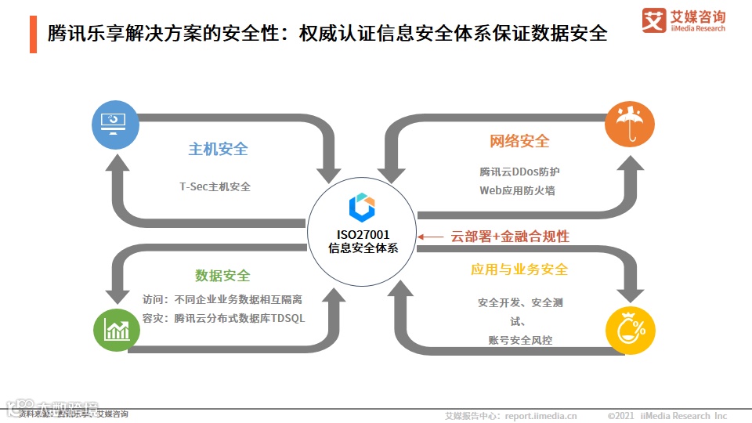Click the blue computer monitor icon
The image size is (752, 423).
click(x=116, y=125)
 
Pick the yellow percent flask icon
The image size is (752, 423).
click(x=630, y=328)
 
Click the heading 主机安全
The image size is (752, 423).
click(x=218, y=150)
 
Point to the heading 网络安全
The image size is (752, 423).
click(x=519, y=141)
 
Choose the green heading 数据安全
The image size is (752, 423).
click(x=222, y=276)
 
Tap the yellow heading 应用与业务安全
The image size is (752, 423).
click(x=519, y=269)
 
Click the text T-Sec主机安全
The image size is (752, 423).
click(x=215, y=186)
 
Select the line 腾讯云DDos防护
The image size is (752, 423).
click(x=519, y=172)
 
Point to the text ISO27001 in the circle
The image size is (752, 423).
click(x=363, y=234)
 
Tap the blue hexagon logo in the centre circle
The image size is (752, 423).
click(x=362, y=207)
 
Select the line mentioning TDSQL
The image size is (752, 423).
click(x=223, y=319)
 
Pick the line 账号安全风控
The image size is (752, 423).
click(x=519, y=340)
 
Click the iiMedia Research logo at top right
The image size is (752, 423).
click(x=683, y=20)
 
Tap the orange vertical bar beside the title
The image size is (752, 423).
click(x=33, y=34)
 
